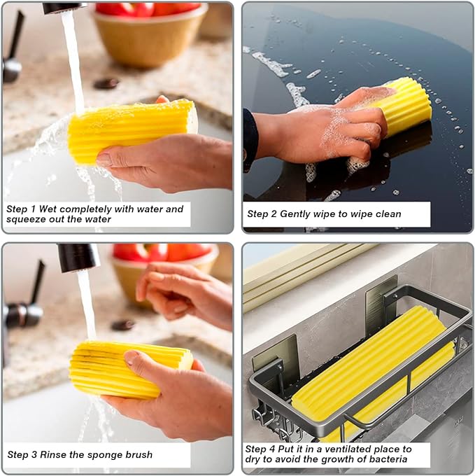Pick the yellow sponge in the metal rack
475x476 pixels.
371,364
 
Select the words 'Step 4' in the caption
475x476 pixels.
260,449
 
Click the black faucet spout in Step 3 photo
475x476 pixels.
78,257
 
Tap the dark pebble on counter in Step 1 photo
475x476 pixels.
106,83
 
